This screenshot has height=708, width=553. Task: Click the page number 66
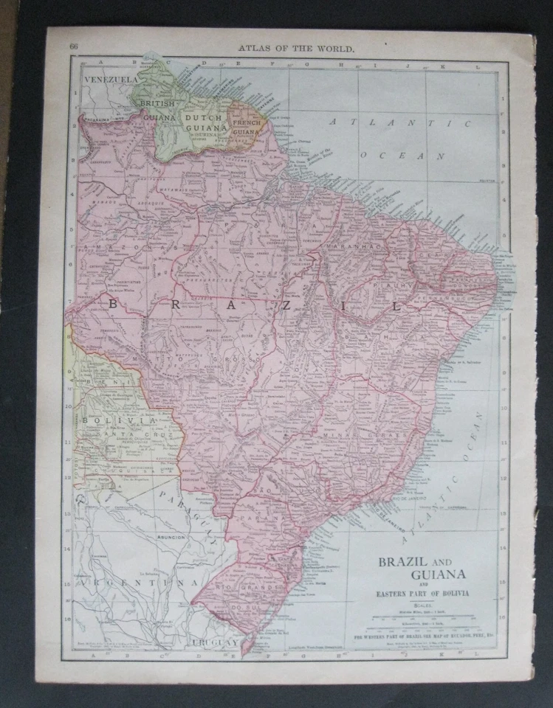pos(74,47)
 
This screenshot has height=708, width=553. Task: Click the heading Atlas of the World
pos(295,49)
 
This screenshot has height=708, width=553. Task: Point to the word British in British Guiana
pos(156,104)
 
